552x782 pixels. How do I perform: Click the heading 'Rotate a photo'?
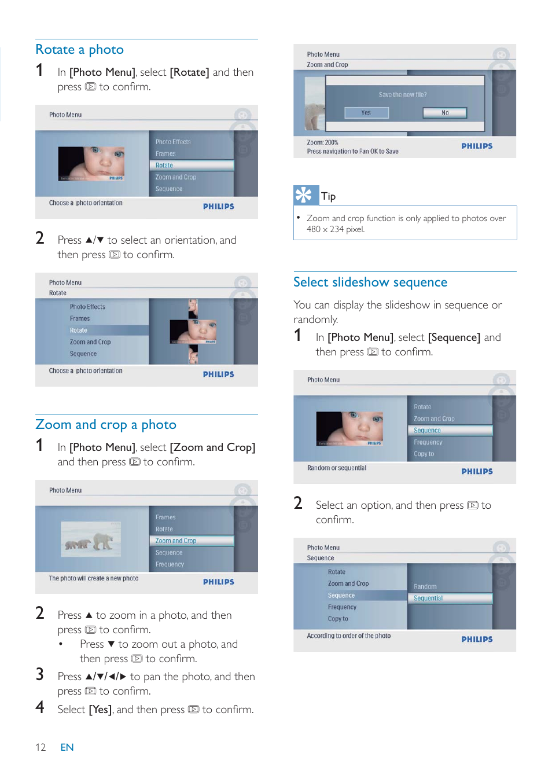coord(79,50)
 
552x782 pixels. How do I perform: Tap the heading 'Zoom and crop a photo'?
coord(105,425)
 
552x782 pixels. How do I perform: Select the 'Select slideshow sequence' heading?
coord(370,282)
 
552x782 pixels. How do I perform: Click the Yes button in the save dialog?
coord(366,113)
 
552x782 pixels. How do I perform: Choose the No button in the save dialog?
coord(444,113)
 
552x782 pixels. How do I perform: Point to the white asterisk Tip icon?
coord(303,195)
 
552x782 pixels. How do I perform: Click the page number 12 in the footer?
coord(41,747)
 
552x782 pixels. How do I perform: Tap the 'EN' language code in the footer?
coord(67,747)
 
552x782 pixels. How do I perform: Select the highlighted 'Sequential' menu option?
coord(428,599)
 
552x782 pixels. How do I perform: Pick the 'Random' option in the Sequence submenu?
coord(425,586)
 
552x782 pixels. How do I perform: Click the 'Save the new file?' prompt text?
coord(403,94)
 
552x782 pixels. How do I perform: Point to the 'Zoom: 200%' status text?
coord(322,142)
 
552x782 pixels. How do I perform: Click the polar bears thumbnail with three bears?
coord(91,539)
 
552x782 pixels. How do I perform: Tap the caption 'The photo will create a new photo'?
coord(94,578)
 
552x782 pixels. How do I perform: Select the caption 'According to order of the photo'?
coord(348,636)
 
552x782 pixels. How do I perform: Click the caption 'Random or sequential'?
coord(336,468)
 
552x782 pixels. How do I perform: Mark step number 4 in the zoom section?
coord(40,707)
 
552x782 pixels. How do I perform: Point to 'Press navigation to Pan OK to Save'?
coord(352,152)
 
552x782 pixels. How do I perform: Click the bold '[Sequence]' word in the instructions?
coord(454,337)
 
